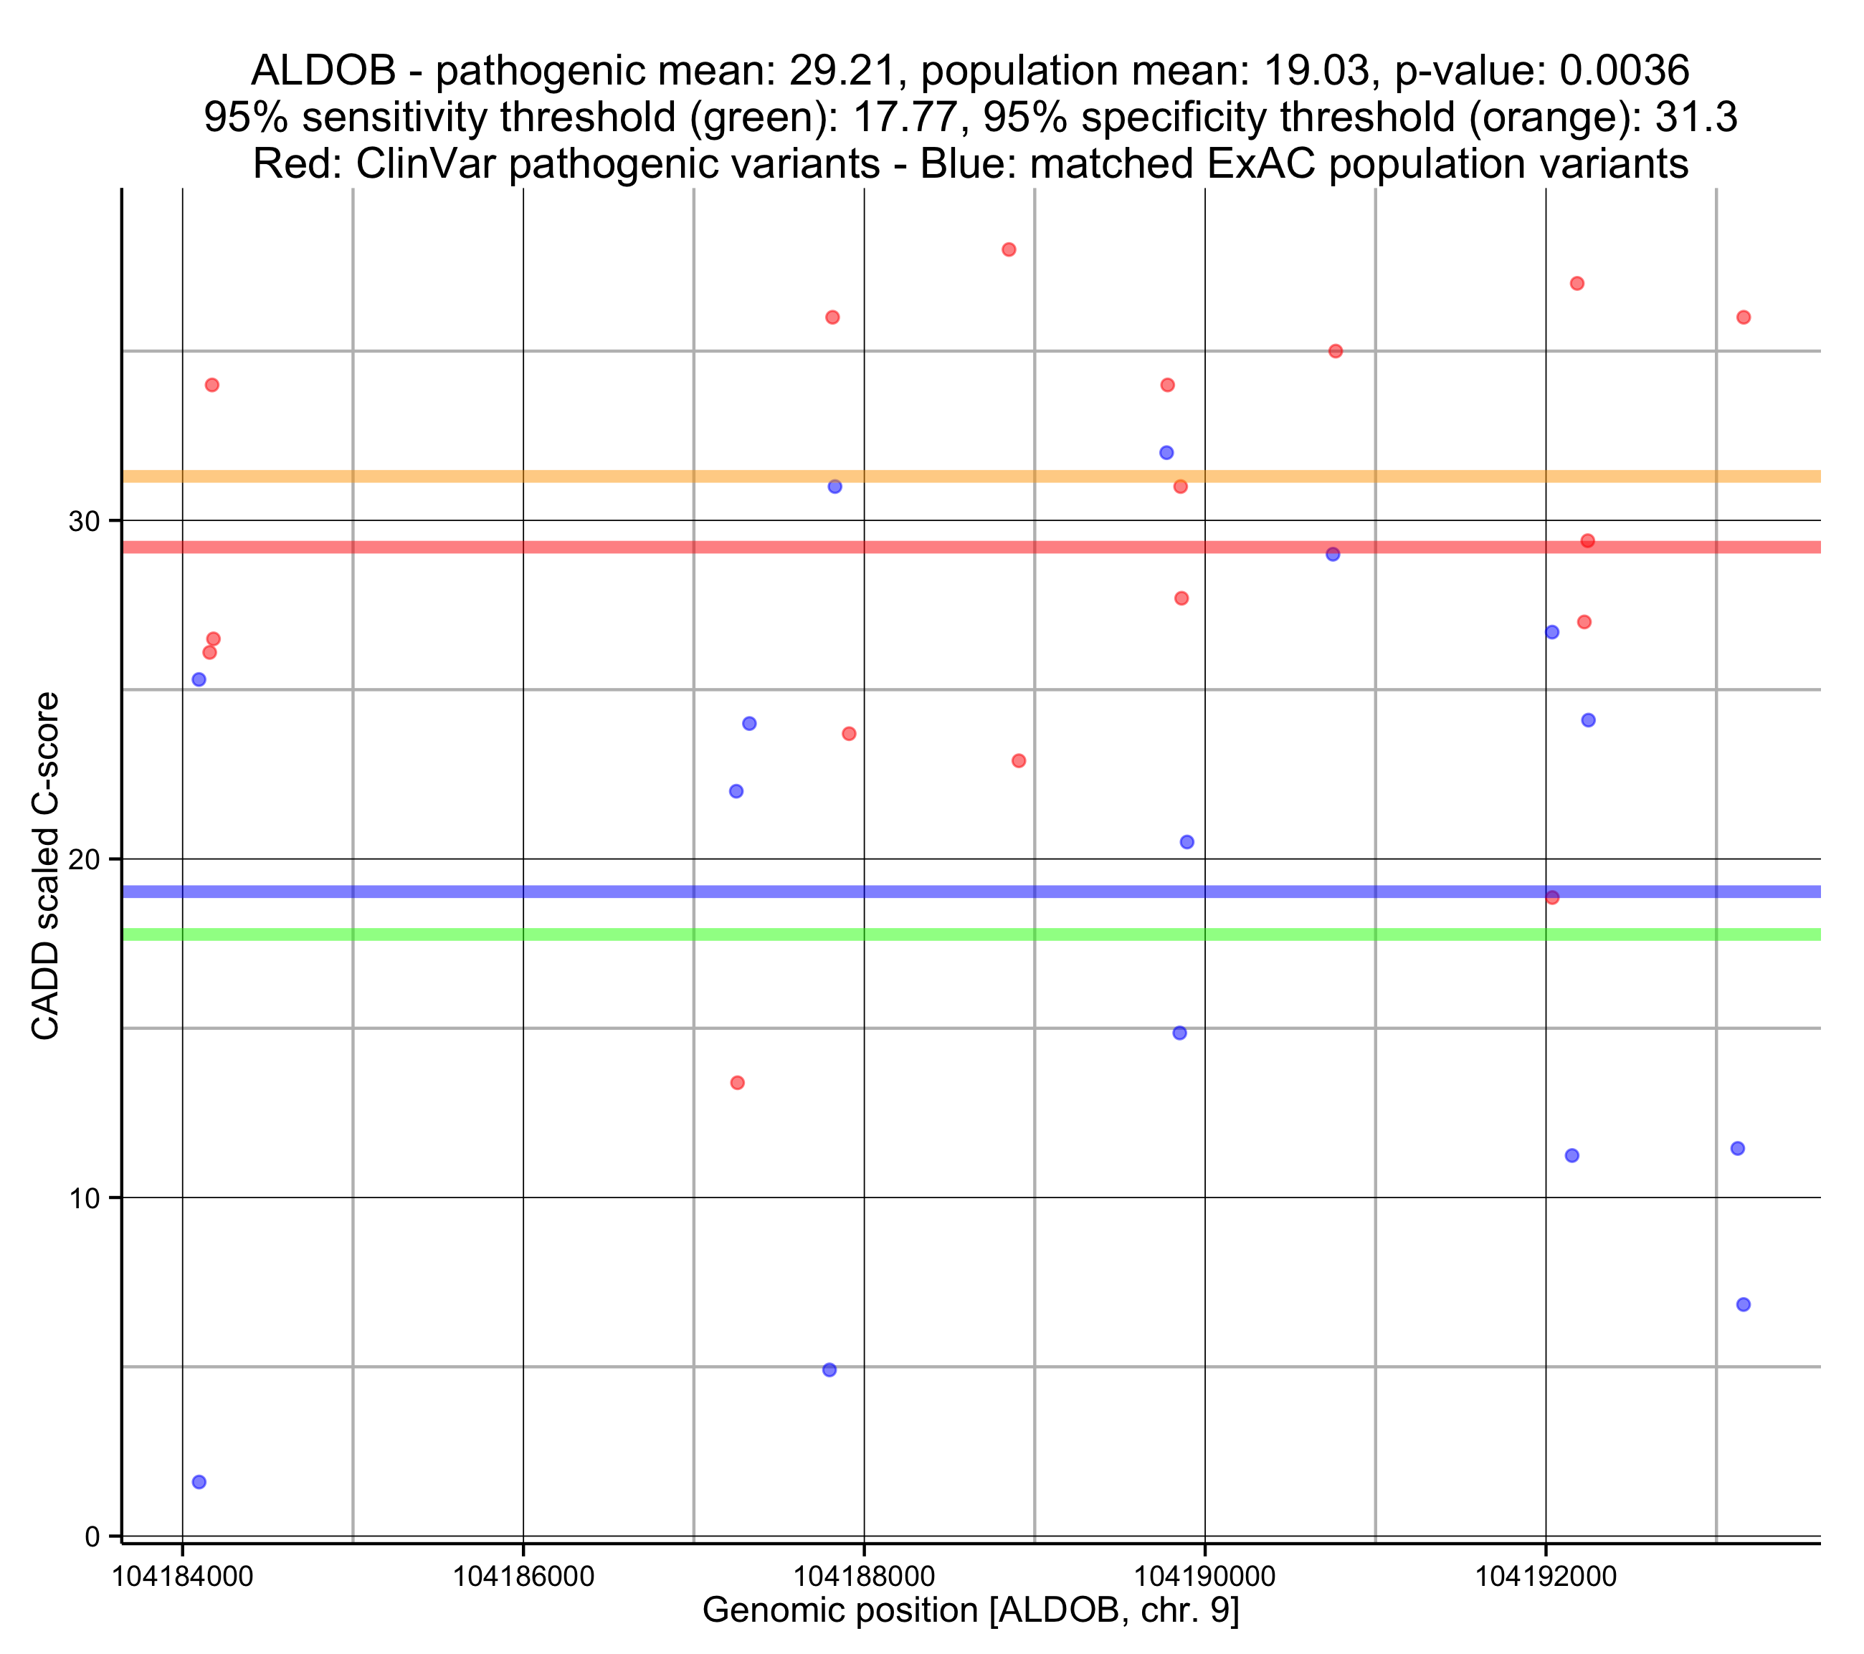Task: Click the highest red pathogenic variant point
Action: pos(1009,250)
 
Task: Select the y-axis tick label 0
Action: pos(93,1536)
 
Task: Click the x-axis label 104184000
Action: pos(182,1576)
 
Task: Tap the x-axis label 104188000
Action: pos(864,1576)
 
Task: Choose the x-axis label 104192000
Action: pos(1546,1576)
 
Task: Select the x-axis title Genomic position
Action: pos(970,1611)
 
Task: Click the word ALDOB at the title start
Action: pos(324,70)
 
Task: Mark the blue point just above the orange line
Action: pos(1166,453)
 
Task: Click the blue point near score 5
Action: pos(829,1369)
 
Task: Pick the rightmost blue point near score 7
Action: pos(1744,1305)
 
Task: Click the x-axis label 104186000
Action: pos(523,1576)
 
